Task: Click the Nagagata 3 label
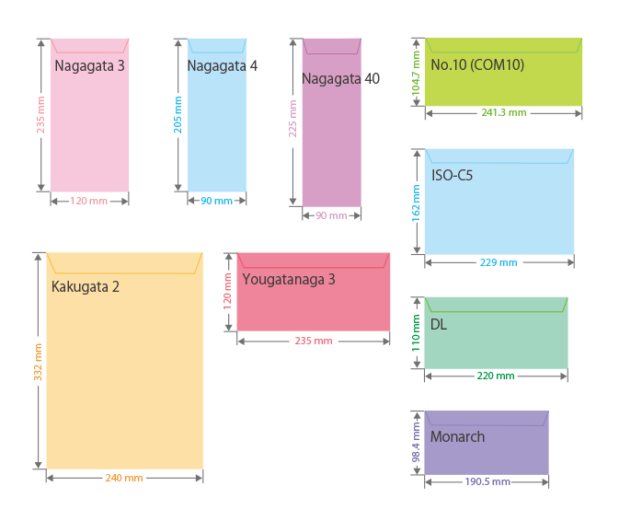click(x=89, y=66)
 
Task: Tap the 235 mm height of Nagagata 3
click(x=40, y=115)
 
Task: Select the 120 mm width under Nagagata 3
click(x=89, y=201)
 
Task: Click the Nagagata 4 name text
click(x=222, y=66)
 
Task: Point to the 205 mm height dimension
click(x=178, y=115)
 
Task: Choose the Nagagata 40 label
click(x=340, y=79)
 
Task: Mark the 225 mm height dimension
click(x=293, y=120)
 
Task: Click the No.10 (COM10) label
click(x=477, y=65)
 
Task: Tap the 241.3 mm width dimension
click(x=504, y=112)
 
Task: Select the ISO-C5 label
click(x=452, y=175)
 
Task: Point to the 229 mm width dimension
click(x=499, y=262)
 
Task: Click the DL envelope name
click(x=439, y=324)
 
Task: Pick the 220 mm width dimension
click(x=497, y=376)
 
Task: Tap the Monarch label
click(x=457, y=437)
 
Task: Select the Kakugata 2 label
click(x=86, y=287)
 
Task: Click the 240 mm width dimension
click(x=124, y=478)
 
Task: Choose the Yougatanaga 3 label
click(x=289, y=279)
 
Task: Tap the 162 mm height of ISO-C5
click(x=416, y=203)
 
